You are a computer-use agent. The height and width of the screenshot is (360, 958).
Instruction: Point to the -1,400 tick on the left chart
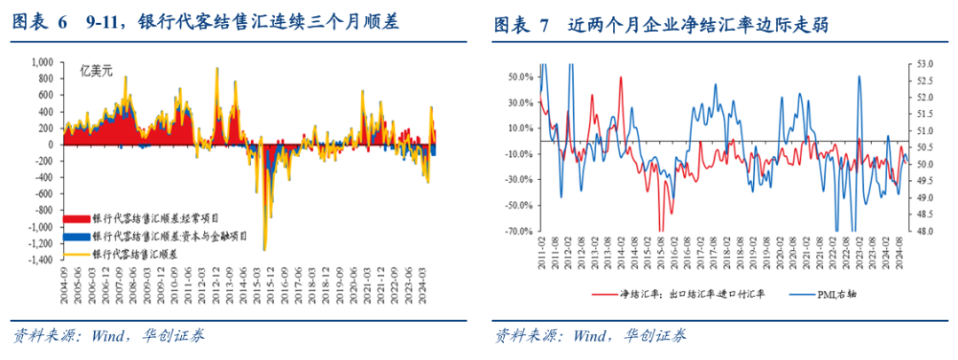[x=38, y=260]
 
